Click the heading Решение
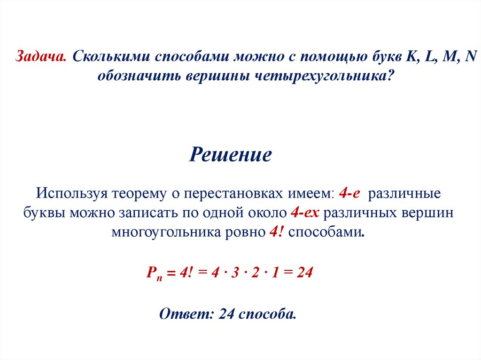click(230, 154)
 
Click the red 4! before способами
click(275, 232)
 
